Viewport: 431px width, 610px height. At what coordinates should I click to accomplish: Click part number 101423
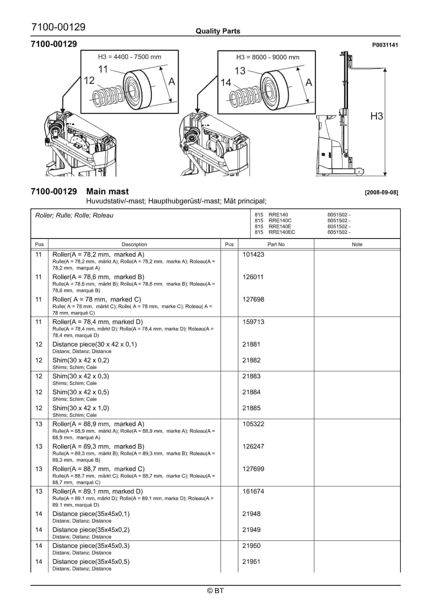[x=253, y=254]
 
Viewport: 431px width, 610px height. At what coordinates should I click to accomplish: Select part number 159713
[x=253, y=322]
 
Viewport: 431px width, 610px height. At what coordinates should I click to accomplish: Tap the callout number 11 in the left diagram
[x=103, y=70]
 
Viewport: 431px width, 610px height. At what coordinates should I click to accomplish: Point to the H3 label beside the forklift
[x=376, y=116]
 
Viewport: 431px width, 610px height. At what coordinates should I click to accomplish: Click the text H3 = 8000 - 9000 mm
[x=268, y=57]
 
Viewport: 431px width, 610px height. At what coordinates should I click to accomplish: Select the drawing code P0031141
[x=385, y=45]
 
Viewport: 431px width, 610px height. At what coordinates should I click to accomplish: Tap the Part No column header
[x=276, y=245]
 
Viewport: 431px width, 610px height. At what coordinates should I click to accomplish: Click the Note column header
[x=357, y=245]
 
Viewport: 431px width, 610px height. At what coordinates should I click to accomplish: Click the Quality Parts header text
[x=218, y=31]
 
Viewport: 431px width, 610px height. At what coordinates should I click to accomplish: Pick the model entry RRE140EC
[x=281, y=232]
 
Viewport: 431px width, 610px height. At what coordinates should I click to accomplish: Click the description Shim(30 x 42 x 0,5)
[x=81, y=392]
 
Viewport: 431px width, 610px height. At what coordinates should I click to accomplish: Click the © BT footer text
[x=215, y=591]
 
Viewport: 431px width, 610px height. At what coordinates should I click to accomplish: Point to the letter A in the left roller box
[x=172, y=81]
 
